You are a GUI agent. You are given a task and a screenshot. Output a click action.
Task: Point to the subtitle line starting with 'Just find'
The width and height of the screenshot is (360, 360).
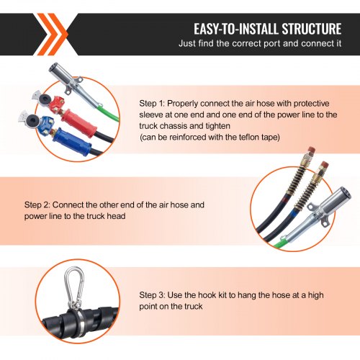259,45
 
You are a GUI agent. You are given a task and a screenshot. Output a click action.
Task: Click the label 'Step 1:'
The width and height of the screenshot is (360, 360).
153,104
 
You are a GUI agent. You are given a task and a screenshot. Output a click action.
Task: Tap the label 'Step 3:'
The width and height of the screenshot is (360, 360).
153,294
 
